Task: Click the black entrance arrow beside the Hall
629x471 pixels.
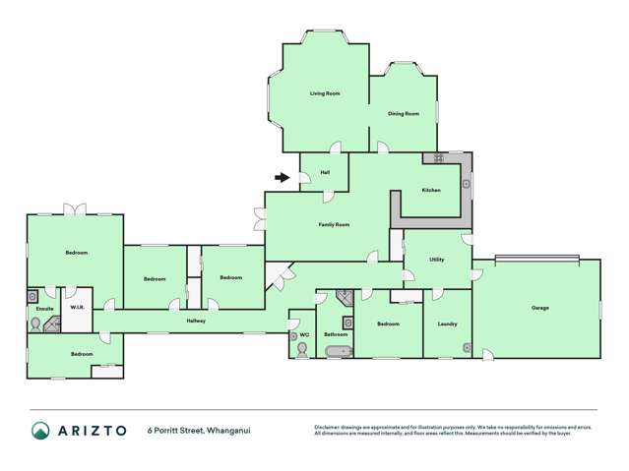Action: click(x=283, y=178)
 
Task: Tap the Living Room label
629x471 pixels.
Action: click(x=325, y=93)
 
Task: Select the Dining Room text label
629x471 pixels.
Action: click(x=403, y=114)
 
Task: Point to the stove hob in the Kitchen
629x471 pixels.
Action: click(x=434, y=157)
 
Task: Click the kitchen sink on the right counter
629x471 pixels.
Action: click(x=467, y=182)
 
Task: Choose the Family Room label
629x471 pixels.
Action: click(x=334, y=225)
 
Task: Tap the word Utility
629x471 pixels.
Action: click(x=436, y=260)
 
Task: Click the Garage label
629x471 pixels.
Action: click(x=539, y=308)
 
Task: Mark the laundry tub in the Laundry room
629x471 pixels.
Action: click(x=467, y=347)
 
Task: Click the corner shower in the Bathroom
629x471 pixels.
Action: click(x=344, y=297)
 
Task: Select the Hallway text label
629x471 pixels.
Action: click(x=196, y=322)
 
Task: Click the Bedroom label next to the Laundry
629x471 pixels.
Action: click(x=388, y=324)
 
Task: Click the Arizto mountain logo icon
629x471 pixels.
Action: click(x=40, y=430)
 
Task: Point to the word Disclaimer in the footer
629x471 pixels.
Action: click(x=330, y=427)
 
